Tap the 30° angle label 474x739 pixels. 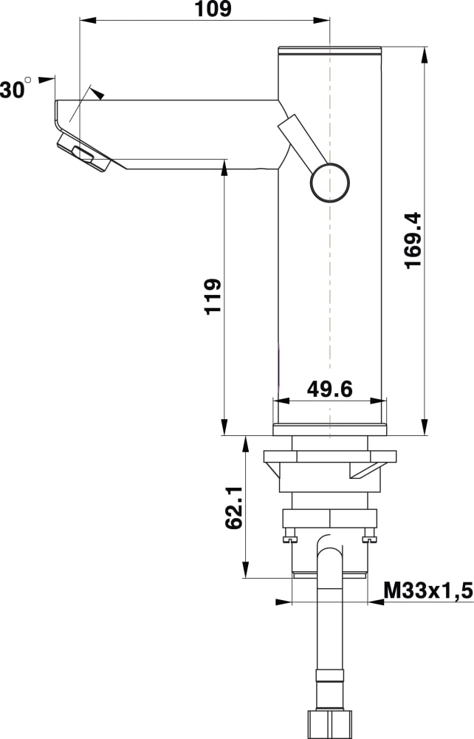click(x=15, y=88)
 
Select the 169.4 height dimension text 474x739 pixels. click(x=413, y=240)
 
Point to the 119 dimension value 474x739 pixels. click(x=213, y=296)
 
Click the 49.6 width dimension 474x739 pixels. click(x=329, y=389)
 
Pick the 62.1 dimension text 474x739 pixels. click(x=234, y=508)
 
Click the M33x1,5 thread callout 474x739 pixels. click(x=427, y=590)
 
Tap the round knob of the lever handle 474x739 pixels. click(x=329, y=183)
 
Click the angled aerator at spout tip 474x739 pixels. click(x=84, y=153)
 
